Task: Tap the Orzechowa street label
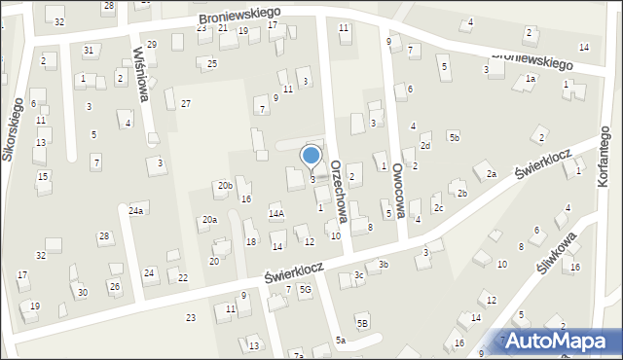340,193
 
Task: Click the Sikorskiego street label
17,132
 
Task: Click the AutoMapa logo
559,341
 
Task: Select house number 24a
136,210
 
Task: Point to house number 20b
225,185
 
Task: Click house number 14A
276,213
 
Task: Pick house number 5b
455,137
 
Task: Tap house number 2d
425,146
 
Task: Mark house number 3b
384,264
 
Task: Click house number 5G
305,289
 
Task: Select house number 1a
531,78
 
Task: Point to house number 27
185,103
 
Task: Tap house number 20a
209,220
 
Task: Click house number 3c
359,275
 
